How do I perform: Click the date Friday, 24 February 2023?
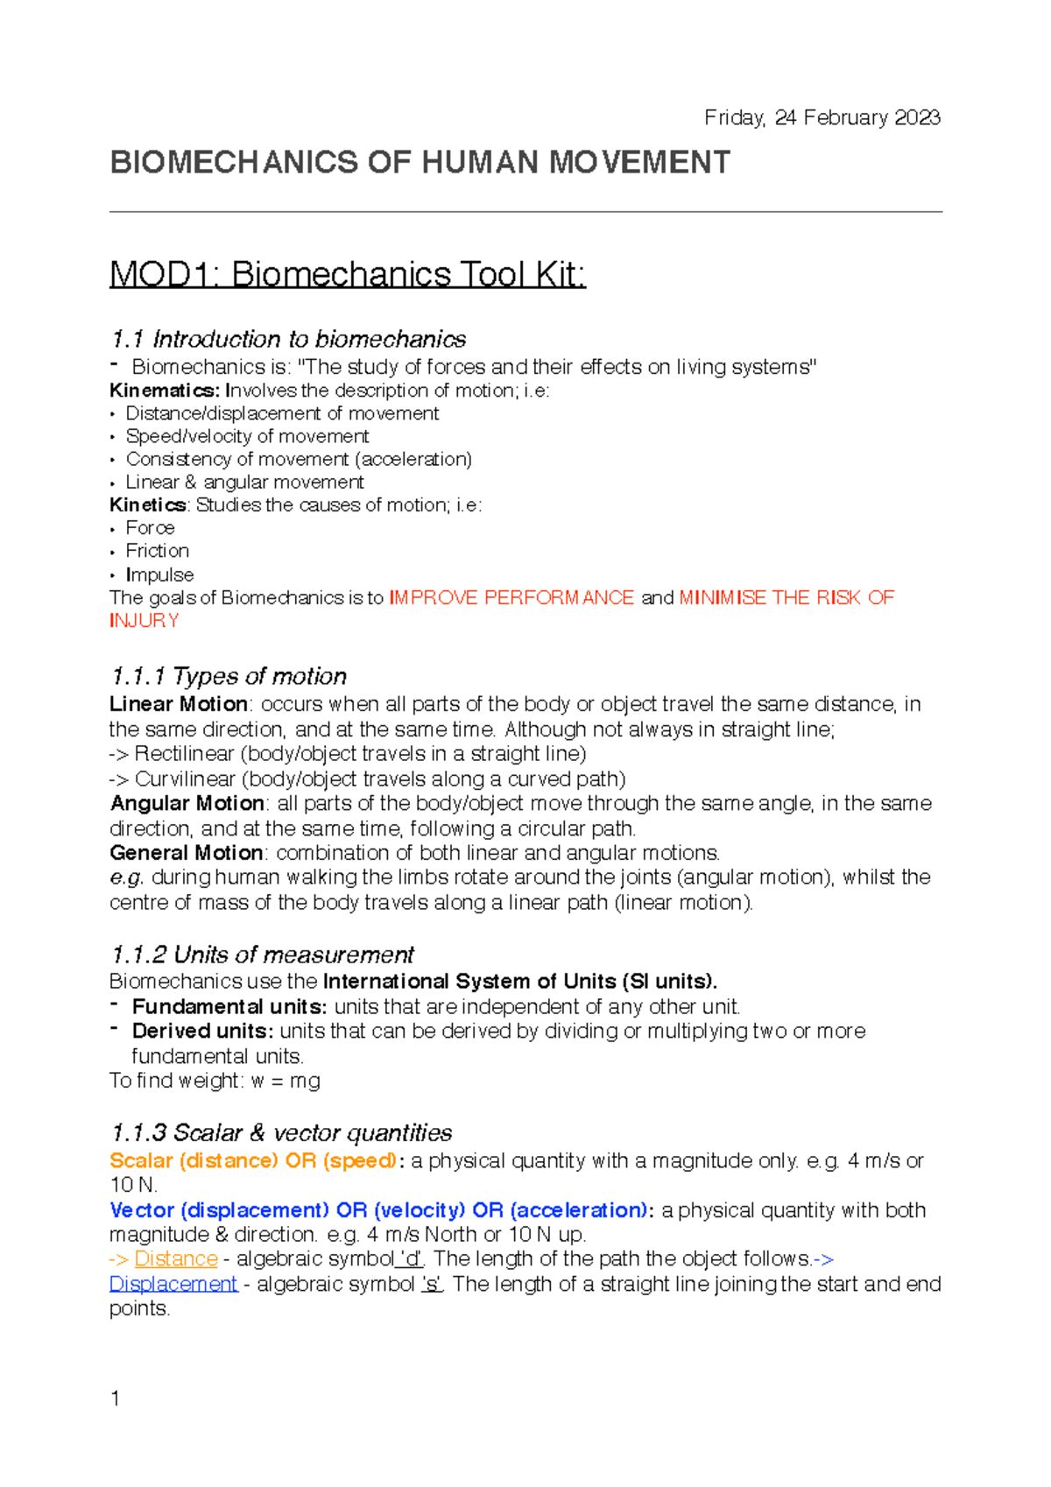click(x=822, y=117)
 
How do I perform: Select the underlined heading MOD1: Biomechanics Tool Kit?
click(x=347, y=275)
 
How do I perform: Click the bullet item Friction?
click(x=157, y=551)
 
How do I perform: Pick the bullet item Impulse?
click(x=159, y=574)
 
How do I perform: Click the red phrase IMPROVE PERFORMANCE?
click(x=511, y=597)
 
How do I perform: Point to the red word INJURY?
click(x=145, y=621)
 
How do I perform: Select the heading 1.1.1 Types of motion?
click(x=229, y=676)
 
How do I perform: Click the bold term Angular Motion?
click(x=187, y=803)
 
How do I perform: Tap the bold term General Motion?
click(x=187, y=853)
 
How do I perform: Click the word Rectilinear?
click(x=184, y=754)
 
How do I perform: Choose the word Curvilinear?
click(x=185, y=779)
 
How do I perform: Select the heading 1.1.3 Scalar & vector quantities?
click(x=281, y=1133)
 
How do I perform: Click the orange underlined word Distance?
click(x=176, y=1258)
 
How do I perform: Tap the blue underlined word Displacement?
click(x=173, y=1284)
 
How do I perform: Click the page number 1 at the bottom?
click(x=115, y=1399)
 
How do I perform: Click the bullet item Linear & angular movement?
click(x=244, y=483)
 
